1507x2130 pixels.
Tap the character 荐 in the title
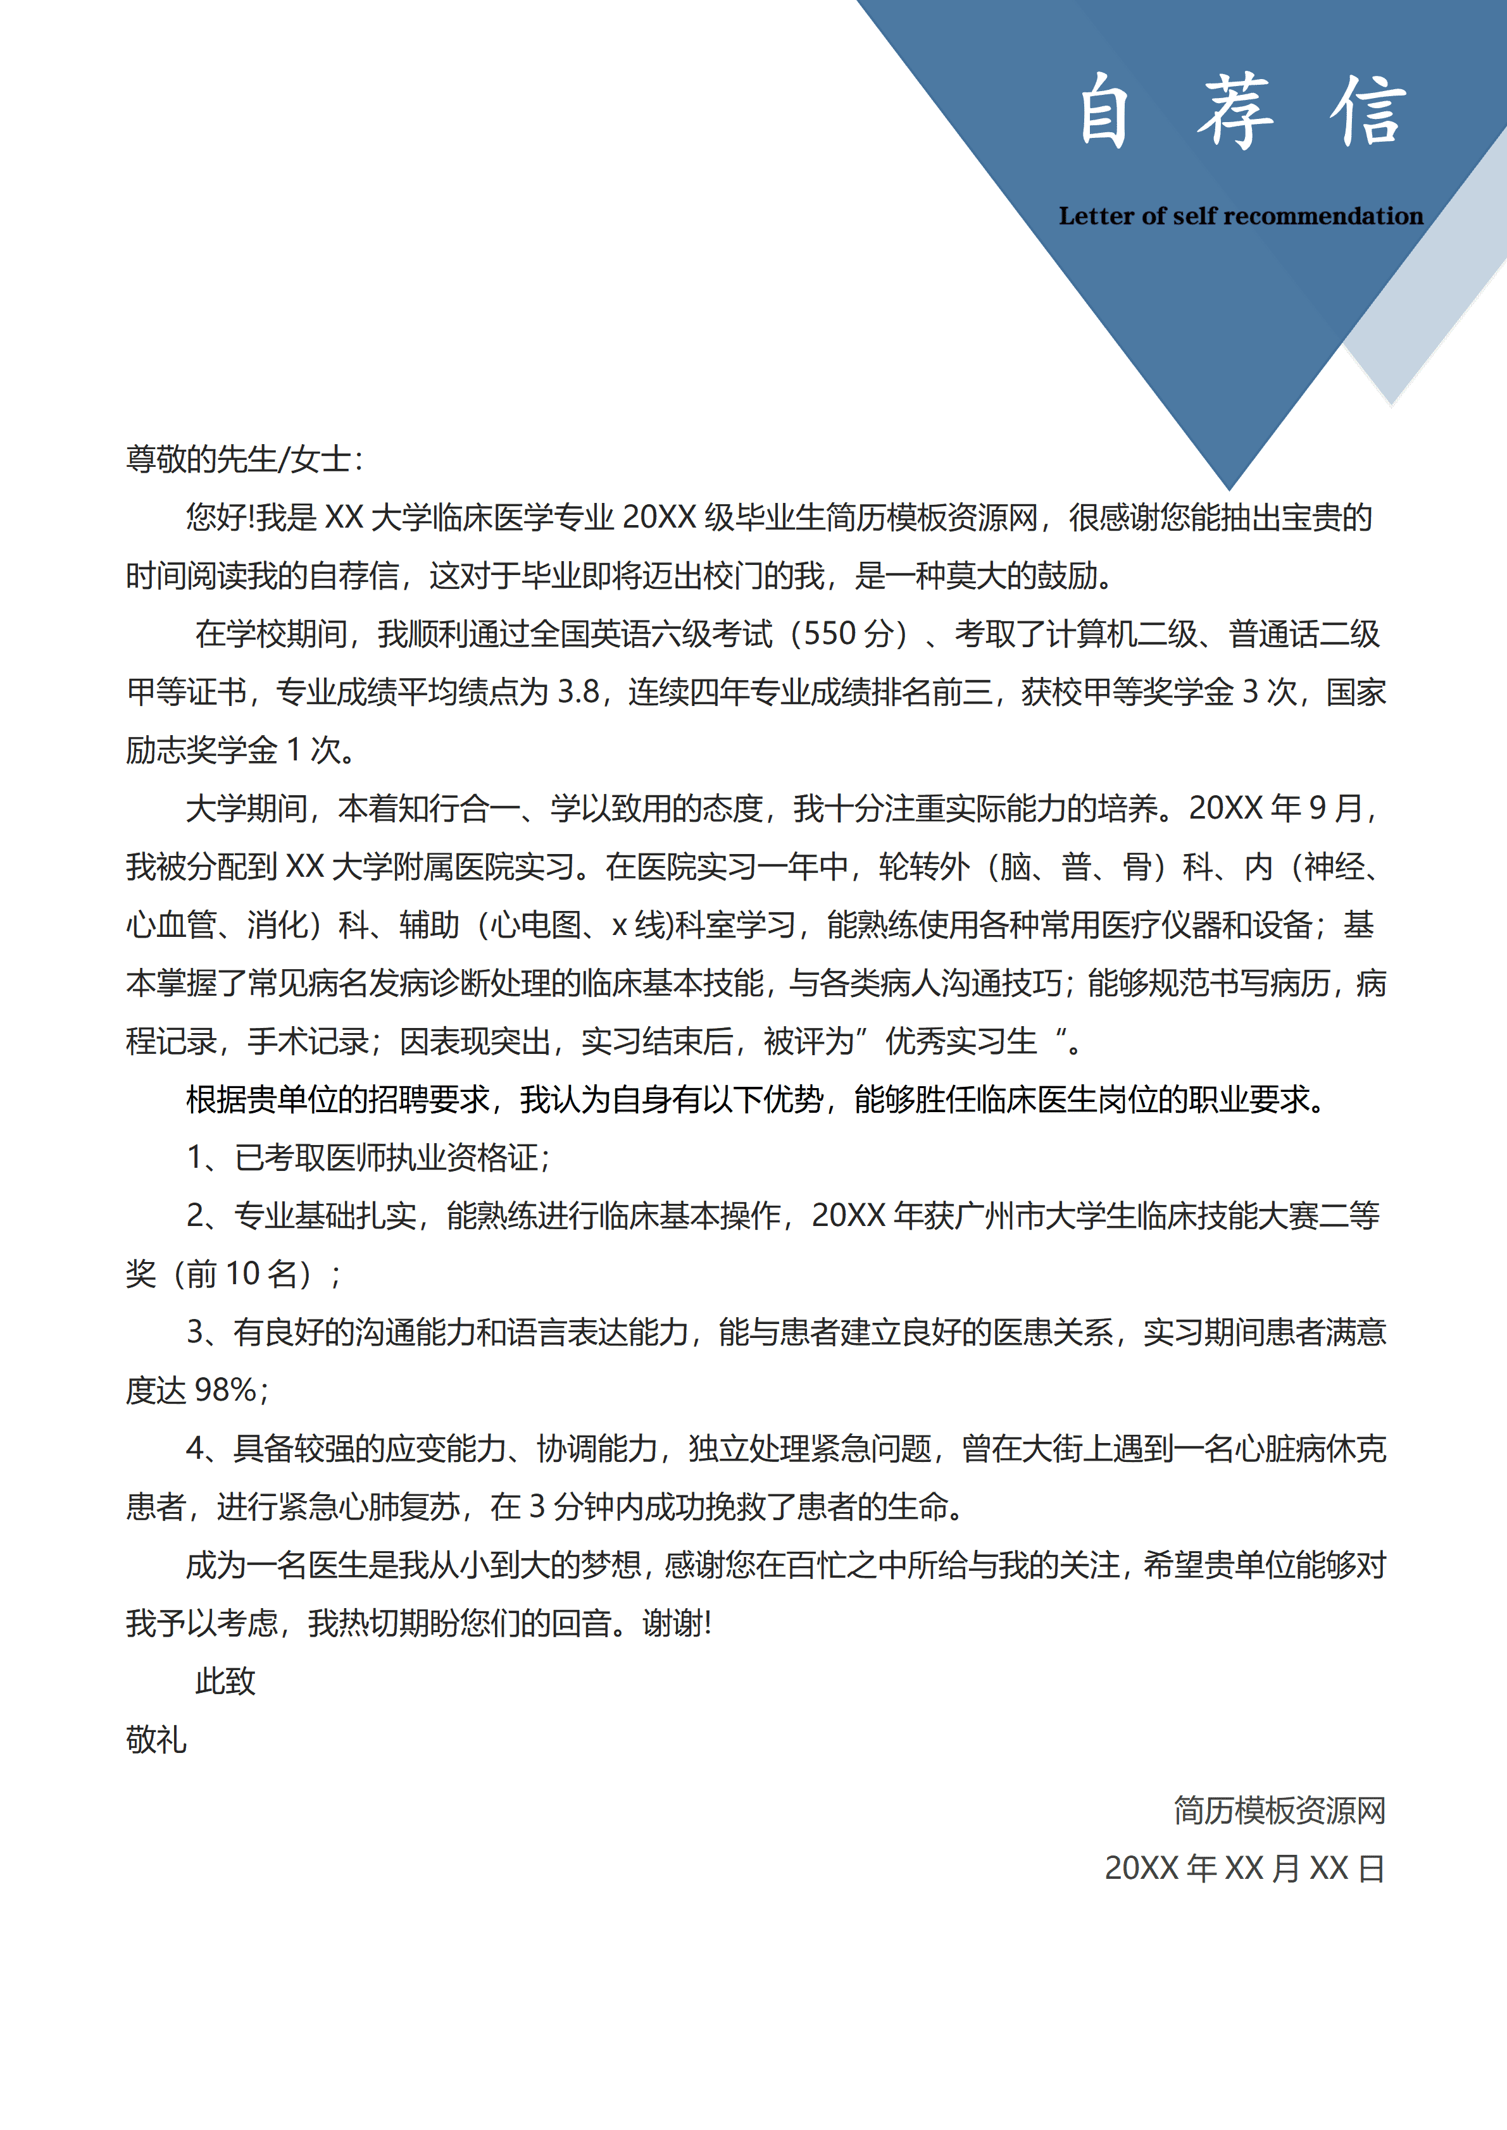click(x=1235, y=111)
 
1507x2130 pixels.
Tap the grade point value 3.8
click(x=579, y=692)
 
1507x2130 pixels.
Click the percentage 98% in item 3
click(x=225, y=1390)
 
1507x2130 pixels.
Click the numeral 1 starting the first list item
click(x=195, y=1157)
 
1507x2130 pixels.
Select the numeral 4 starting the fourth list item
click(x=195, y=1448)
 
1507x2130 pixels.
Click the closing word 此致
click(x=225, y=1681)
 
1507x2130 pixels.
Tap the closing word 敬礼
click(x=156, y=1740)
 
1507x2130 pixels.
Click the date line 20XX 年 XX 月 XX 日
click(x=1244, y=1868)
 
